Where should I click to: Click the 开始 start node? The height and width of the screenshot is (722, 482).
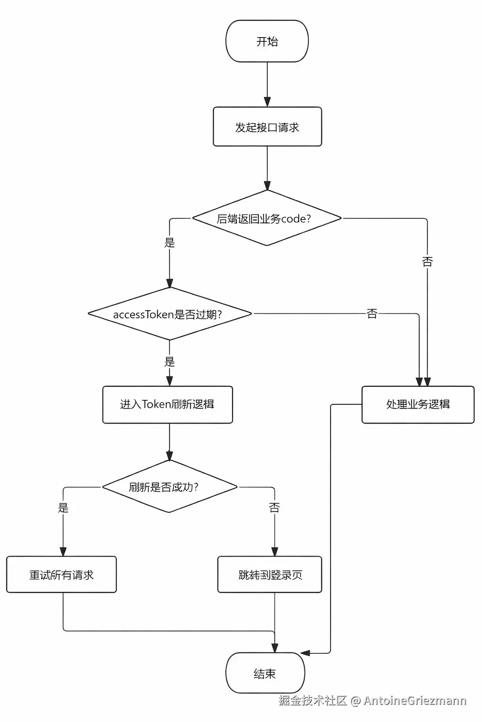click(267, 41)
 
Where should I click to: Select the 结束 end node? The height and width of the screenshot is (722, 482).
click(265, 673)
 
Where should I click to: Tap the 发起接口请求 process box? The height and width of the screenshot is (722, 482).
click(267, 127)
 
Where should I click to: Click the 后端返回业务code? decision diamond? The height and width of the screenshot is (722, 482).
click(266, 218)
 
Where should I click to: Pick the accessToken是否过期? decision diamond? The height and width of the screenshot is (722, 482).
click(169, 314)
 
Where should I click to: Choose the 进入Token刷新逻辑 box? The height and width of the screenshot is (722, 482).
click(168, 404)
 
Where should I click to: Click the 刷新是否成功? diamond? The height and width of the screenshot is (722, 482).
click(169, 487)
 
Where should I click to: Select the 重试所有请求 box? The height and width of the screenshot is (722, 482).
click(61, 574)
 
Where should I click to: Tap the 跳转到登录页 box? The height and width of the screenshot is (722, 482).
click(270, 574)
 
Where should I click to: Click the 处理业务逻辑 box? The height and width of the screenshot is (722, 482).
click(418, 404)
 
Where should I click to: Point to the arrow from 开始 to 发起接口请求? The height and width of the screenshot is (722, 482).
click(267, 85)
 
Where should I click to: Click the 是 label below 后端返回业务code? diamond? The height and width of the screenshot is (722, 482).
click(169, 243)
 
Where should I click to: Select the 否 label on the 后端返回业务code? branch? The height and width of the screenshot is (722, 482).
click(427, 261)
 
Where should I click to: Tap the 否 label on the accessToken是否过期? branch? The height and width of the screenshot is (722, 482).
click(372, 314)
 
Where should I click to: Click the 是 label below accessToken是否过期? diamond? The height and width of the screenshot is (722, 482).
click(169, 361)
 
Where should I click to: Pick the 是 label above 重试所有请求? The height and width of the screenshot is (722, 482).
click(63, 508)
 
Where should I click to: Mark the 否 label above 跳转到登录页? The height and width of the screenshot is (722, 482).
click(274, 508)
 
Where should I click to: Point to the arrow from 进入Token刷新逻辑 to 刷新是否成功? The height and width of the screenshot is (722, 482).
click(169, 442)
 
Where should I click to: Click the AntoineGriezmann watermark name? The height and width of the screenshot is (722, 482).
click(415, 700)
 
